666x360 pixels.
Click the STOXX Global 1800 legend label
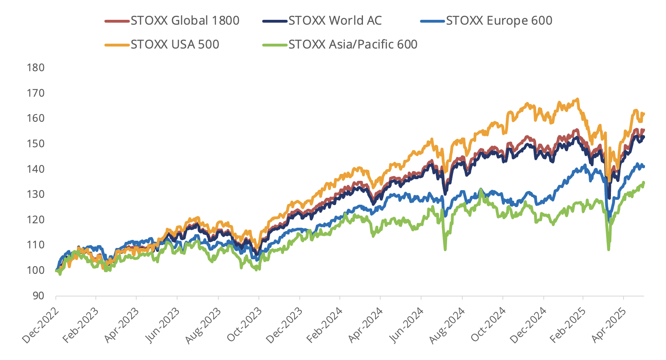pyautogui.click(x=185, y=21)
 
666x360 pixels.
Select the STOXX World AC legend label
pyautogui.click(x=335, y=21)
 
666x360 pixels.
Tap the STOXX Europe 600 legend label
pyautogui.click(x=499, y=21)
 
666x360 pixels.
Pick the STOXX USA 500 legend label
pyautogui.click(x=175, y=44)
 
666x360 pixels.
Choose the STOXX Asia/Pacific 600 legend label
pyautogui.click(x=353, y=44)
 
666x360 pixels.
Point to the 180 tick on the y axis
pyautogui.click(x=36, y=68)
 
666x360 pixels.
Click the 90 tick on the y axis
pyautogui.click(x=38, y=296)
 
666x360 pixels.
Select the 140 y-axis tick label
pyautogui.click(x=36, y=169)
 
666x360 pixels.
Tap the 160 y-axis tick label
pyautogui.click(x=36, y=118)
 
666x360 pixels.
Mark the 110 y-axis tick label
pyautogui.click(x=36, y=245)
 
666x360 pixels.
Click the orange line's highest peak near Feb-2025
pyautogui.click(x=577, y=99)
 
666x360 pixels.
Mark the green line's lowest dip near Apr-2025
pyautogui.click(x=608, y=250)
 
